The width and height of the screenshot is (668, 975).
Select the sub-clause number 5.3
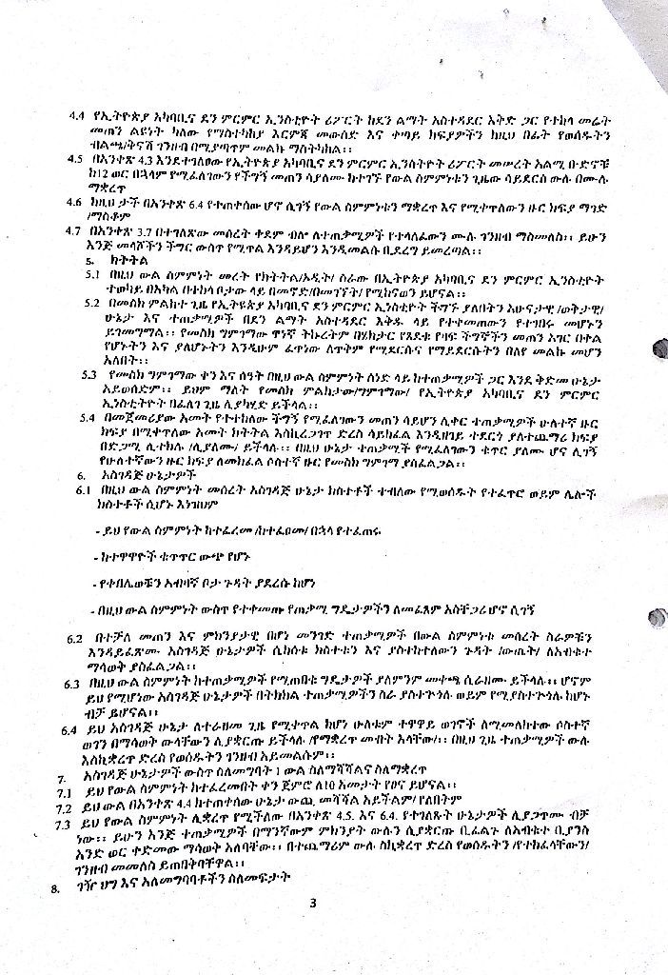point(92,374)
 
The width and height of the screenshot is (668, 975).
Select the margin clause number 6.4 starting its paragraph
point(69,730)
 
